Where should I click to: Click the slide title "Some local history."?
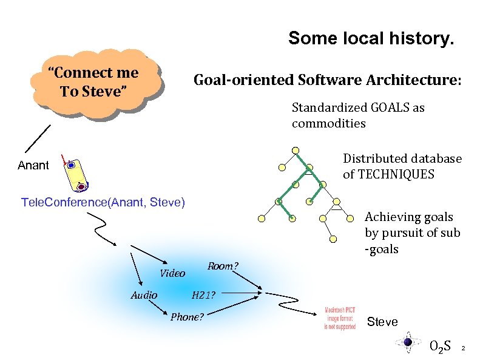pyautogui.click(x=370, y=39)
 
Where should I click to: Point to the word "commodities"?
pyautogui.click(x=328, y=124)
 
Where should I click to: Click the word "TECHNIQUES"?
pyautogui.click(x=397, y=175)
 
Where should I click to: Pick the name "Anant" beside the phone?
pyautogui.click(x=33, y=165)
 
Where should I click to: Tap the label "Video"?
pyautogui.click(x=172, y=273)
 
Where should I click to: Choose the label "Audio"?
pyautogui.click(x=144, y=296)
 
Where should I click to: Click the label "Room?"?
pyautogui.click(x=223, y=267)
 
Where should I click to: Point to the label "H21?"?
pyautogui.click(x=203, y=296)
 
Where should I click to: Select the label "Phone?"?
pyautogui.click(x=187, y=317)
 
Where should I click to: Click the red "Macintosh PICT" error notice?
pyautogui.click(x=340, y=318)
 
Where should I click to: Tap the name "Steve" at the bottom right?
pyautogui.click(x=382, y=322)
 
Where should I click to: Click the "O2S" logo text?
pyautogui.click(x=439, y=347)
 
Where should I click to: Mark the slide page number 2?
pyautogui.click(x=463, y=348)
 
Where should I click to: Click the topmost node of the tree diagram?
pyautogui.click(x=296, y=150)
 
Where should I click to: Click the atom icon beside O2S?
pyautogui.click(x=408, y=342)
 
